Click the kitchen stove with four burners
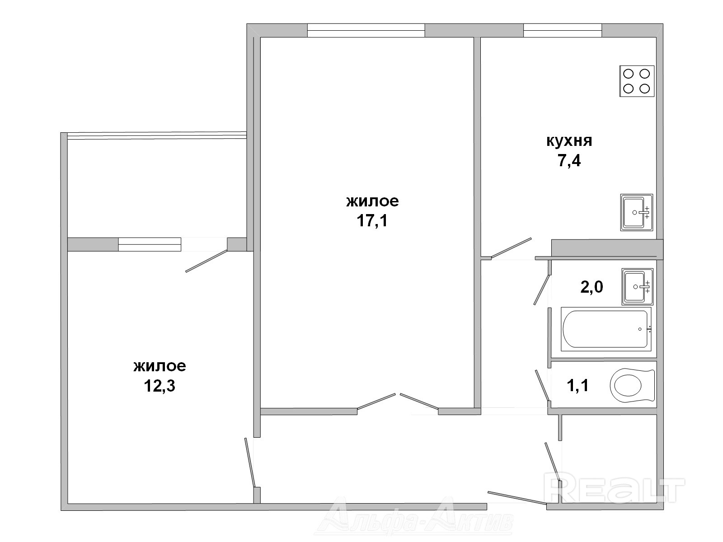(x=637, y=81)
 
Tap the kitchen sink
(x=637, y=212)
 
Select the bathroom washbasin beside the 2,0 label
(x=637, y=287)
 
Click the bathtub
(x=606, y=329)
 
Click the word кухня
(x=569, y=141)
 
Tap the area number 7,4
(x=569, y=161)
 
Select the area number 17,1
(x=372, y=221)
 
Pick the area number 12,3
(x=160, y=386)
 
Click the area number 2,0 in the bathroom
(x=592, y=287)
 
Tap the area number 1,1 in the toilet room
(x=578, y=385)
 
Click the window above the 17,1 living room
(x=366, y=30)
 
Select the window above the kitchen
(x=563, y=30)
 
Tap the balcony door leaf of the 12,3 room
(x=207, y=261)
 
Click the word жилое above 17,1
(x=372, y=201)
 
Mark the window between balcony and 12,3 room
(x=150, y=244)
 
